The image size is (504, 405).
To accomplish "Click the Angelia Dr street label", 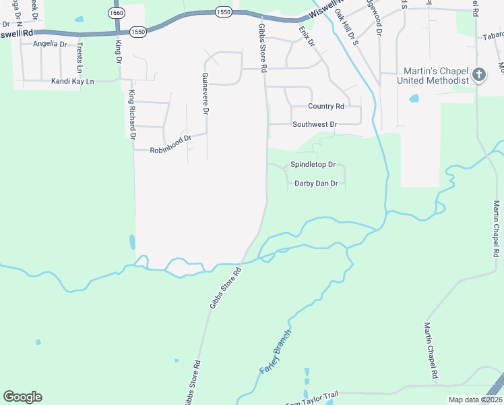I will click(50, 44).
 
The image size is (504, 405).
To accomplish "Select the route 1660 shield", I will click(117, 13).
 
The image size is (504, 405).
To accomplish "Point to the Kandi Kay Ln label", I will click(73, 82).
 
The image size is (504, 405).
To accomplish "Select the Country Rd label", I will click(326, 107).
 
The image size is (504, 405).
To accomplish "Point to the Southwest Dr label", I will click(315, 125).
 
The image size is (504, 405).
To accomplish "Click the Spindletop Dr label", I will click(313, 165).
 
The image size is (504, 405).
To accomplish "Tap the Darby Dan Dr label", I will click(316, 183).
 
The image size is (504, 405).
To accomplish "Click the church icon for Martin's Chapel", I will click(479, 74).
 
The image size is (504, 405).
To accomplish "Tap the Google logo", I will click(22, 397).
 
